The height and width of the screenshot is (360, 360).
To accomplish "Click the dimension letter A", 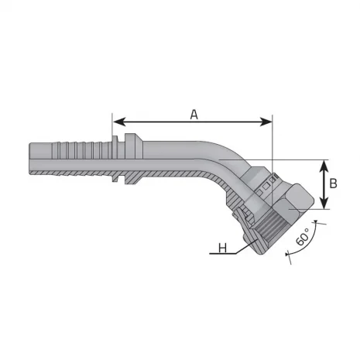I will [x=194, y=114].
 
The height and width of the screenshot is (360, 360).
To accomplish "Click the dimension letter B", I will [x=333, y=183].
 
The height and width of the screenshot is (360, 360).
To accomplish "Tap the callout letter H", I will [x=222, y=249].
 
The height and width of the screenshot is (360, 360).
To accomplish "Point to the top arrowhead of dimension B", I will [x=324, y=163].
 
